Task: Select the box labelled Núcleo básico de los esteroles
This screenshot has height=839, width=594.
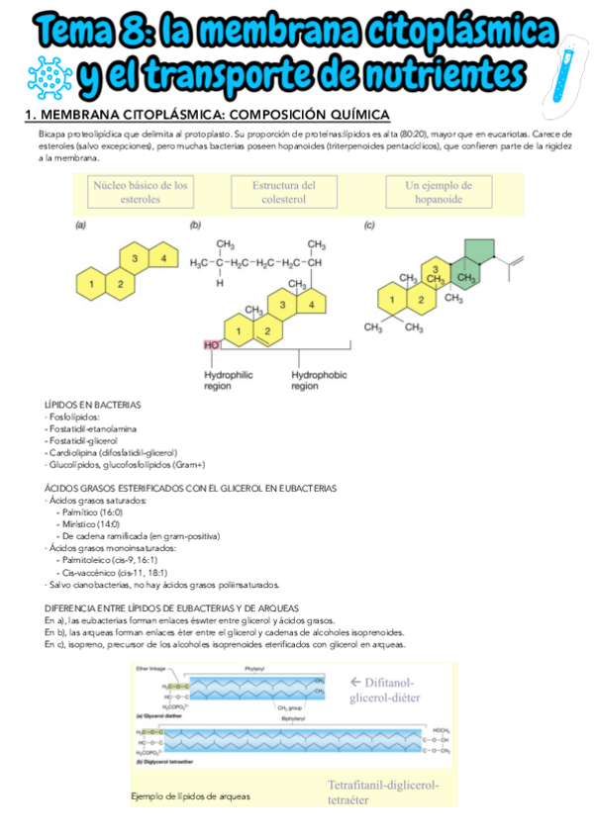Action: (x=142, y=192)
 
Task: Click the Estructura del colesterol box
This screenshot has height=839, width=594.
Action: (x=284, y=192)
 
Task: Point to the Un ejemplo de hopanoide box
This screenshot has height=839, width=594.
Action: (x=439, y=192)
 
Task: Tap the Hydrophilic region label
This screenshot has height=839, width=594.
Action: (x=230, y=381)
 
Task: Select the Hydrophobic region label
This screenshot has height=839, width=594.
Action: (x=318, y=381)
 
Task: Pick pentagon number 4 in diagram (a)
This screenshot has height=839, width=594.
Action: (x=162, y=258)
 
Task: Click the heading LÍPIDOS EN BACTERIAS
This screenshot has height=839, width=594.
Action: (x=93, y=405)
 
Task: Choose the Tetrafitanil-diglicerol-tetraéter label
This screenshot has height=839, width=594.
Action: (x=383, y=792)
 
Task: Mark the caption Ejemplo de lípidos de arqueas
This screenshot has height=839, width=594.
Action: (x=190, y=795)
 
